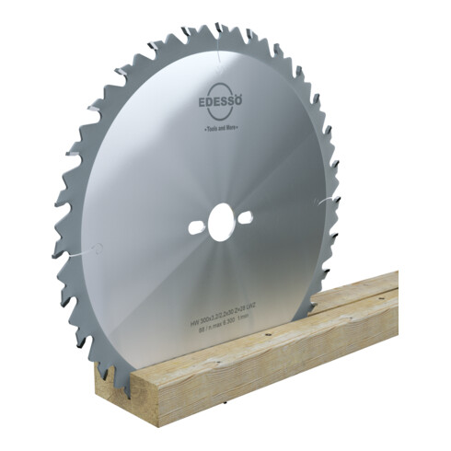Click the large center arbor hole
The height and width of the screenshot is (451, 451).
pos(222,222)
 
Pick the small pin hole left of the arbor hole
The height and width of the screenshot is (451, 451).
pos(194,225)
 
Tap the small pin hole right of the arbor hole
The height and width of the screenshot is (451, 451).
pos(249,217)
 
